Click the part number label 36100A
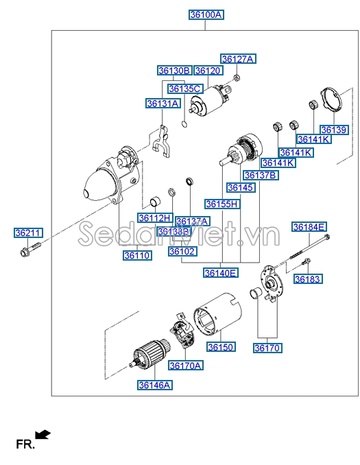206,14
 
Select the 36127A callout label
238,59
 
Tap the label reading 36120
208,71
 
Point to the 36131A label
163,104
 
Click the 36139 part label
334,130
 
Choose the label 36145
240,188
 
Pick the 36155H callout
222,204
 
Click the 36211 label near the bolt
29,232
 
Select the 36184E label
309,227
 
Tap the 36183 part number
307,279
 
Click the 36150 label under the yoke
221,347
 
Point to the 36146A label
155,385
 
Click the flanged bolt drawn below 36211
30,249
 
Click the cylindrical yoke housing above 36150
217,313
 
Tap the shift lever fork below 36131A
162,141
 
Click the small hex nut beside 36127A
237,78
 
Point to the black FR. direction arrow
43,434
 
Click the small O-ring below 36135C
184,124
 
